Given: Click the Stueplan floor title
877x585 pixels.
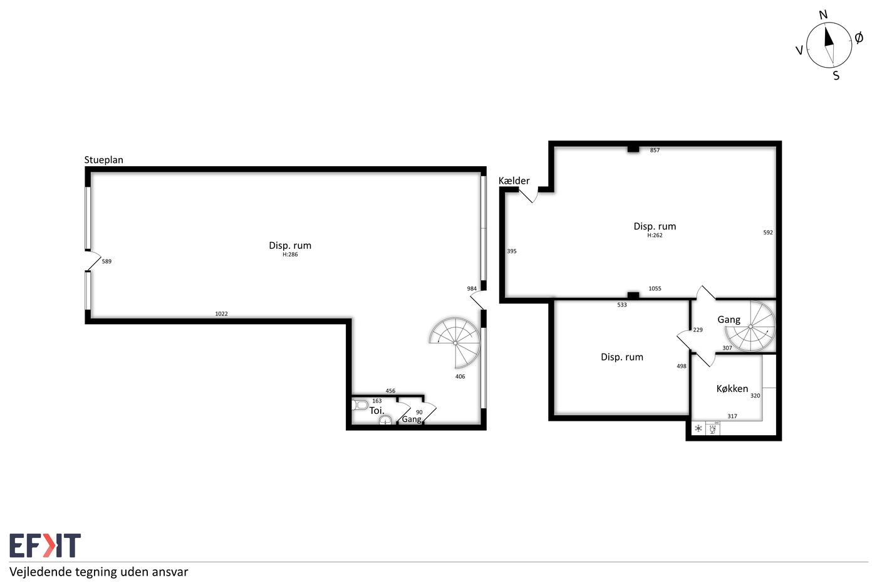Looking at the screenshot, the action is click(104, 160).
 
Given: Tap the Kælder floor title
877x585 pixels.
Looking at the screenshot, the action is click(514, 181).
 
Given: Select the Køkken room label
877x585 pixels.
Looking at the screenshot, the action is click(732, 389).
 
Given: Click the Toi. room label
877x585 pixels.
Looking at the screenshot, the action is click(376, 411).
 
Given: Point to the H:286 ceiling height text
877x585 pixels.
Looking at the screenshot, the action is click(290, 255).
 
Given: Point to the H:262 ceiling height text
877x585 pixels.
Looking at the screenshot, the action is click(655, 235).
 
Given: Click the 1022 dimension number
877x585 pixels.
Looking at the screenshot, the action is click(221, 314).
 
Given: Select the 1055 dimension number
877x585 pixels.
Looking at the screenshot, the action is click(655, 288).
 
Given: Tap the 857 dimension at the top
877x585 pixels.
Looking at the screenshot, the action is click(655, 150).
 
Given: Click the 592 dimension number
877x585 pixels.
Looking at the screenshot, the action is click(768, 233).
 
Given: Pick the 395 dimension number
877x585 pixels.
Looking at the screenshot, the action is click(511, 251).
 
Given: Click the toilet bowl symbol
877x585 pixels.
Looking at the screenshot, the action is click(360, 405).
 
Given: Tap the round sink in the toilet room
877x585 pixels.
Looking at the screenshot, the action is click(385, 421).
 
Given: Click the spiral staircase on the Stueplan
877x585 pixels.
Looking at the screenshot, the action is click(455, 343).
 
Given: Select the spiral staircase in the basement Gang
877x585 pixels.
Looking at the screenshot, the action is click(750, 327).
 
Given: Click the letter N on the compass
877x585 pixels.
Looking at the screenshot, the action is click(823, 15).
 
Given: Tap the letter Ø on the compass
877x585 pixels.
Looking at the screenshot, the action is click(859, 38).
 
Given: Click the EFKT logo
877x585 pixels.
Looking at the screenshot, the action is click(45, 545).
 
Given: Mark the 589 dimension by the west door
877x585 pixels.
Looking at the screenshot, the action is click(106, 261).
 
